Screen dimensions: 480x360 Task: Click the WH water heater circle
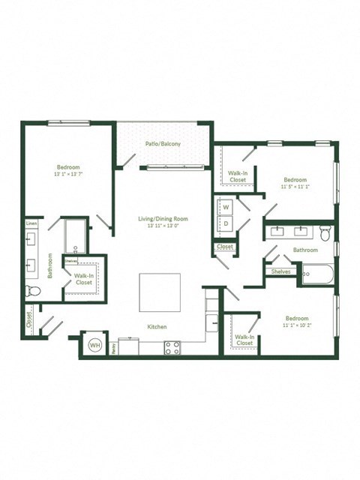95,344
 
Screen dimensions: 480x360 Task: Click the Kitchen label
157,327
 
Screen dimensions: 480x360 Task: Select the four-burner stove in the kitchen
172,346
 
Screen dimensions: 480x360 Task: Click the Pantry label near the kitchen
113,347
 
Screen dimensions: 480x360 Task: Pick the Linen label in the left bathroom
31,223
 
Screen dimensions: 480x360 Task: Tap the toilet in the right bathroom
325,232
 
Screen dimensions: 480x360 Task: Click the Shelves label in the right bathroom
280,271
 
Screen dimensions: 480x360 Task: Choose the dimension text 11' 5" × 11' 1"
295,187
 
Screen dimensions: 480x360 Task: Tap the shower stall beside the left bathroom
76,236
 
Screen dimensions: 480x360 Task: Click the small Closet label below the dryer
225,247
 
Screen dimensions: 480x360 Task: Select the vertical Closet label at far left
29,321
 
